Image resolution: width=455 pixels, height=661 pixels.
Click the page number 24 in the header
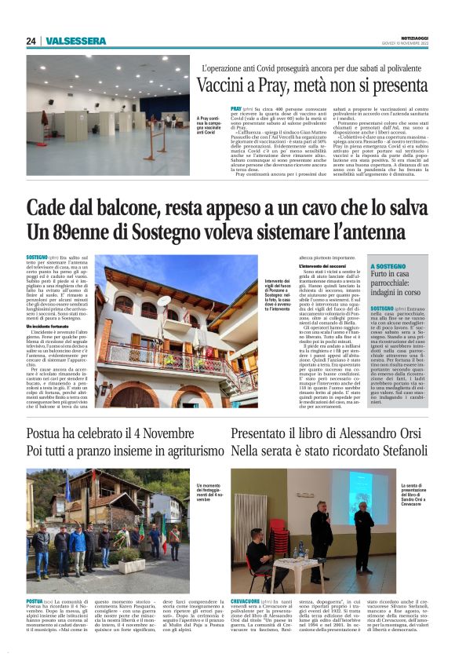click(x=31, y=41)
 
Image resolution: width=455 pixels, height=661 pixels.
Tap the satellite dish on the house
click(x=164, y=300)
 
